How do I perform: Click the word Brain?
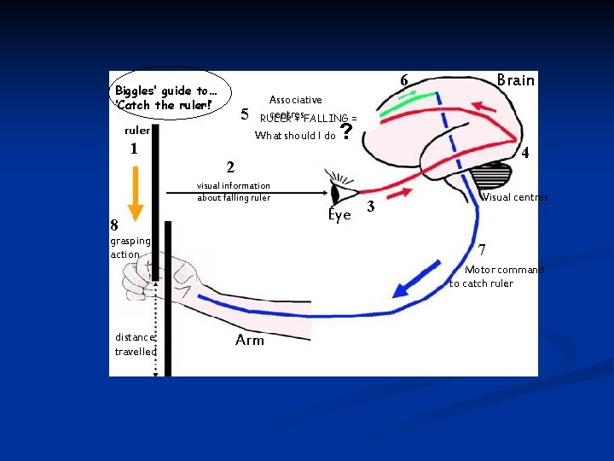pos(515,80)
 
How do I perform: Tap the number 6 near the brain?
pos(404,81)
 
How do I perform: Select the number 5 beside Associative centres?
pos(245,114)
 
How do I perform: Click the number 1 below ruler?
pos(134,149)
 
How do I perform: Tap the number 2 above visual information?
pos(229,166)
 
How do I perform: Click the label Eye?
pos(339,216)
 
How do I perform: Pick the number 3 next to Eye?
pos(370,206)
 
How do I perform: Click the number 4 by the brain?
pos(526,155)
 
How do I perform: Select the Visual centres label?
pos(515,198)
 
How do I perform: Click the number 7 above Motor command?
pos(482,250)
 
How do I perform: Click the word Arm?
pos(249,341)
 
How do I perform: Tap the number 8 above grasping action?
pos(114,226)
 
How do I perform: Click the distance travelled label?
pos(135,344)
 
